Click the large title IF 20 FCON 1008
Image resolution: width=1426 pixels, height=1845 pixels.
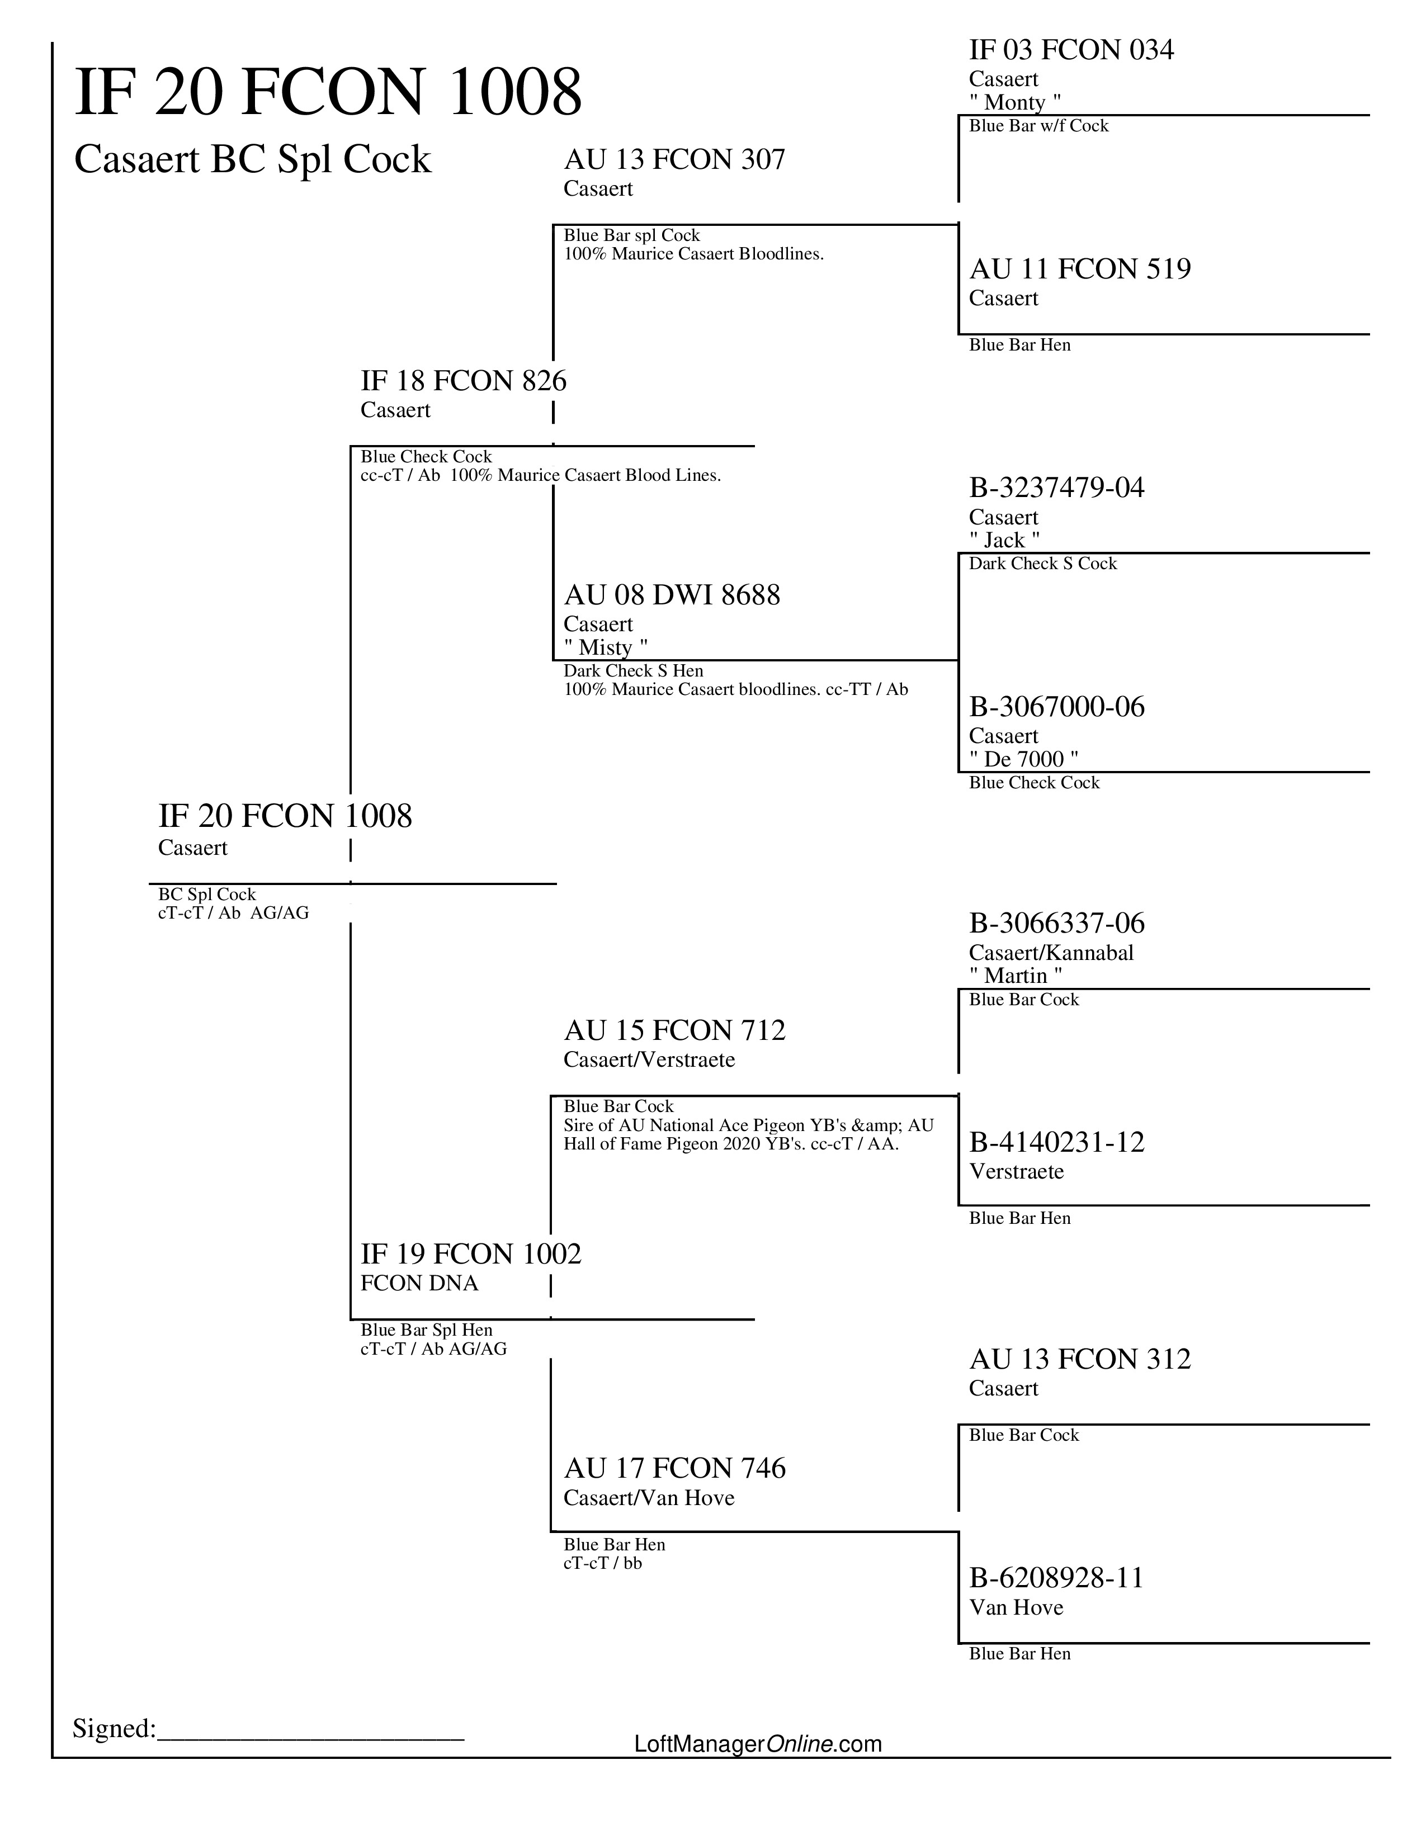coord(328,92)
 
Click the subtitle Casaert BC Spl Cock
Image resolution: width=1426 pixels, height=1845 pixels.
coord(253,160)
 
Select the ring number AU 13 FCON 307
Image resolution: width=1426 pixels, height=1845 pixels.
coord(674,160)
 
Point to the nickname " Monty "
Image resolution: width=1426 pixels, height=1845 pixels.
coord(1014,103)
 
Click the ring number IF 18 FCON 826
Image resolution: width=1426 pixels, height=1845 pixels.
coord(463,381)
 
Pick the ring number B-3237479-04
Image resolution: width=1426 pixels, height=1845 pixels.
coord(1056,488)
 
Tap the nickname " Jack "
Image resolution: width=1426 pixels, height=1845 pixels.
coord(1004,541)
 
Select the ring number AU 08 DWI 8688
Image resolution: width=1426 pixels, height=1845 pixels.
coord(672,595)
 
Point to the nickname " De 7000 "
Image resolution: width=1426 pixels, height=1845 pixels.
coord(1023,759)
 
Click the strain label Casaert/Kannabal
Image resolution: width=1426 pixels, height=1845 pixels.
coord(1051,953)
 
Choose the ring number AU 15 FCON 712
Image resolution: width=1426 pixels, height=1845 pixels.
coord(674,1030)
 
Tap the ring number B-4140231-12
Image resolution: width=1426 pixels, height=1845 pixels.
coord(1056,1143)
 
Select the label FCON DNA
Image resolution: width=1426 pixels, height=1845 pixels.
coord(419,1283)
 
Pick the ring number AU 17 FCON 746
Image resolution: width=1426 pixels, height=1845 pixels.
coord(674,1468)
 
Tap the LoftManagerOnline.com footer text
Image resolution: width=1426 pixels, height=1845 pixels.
coord(757,1744)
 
